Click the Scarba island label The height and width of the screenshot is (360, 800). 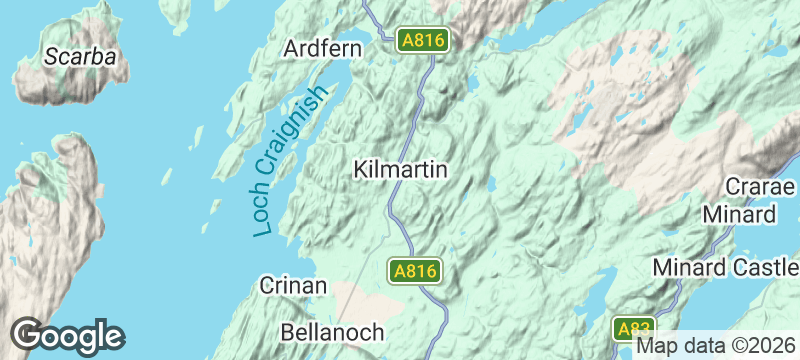click(80, 56)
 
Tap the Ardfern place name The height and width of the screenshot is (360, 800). click(321, 48)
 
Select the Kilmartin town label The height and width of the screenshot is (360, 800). click(400, 170)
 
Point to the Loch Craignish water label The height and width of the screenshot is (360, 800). click(291, 161)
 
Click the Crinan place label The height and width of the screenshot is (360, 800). click(293, 286)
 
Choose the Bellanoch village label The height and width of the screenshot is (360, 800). click(330, 329)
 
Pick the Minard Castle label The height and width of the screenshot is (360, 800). click(725, 268)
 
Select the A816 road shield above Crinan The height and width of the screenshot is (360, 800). click(415, 271)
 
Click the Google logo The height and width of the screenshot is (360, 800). click(68, 336)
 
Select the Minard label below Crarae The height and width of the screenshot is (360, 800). click(739, 215)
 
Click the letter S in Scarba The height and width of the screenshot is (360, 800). click(51, 56)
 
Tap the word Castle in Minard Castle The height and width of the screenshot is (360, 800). click(764, 268)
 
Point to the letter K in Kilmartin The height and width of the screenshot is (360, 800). click(361, 170)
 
